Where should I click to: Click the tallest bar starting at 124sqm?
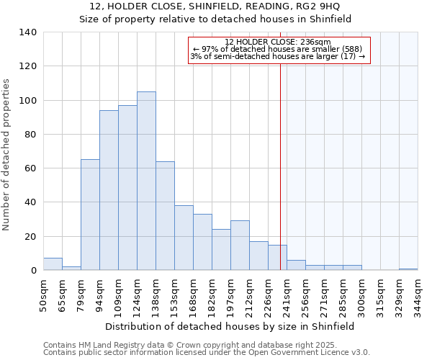[x=146, y=181]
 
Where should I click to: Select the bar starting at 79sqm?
[x=90, y=215]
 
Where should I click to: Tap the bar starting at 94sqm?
[x=109, y=190]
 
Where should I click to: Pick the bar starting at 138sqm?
[x=165, y=216]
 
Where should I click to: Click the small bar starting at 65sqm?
[x=71, y=268]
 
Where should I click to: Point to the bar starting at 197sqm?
[x=240, y=246]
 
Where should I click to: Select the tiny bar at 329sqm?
[x=408, y=269]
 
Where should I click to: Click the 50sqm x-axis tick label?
[x=43, y=294]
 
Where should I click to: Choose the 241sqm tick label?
[x=287, y=297]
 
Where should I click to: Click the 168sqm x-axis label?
[x=193, y=297]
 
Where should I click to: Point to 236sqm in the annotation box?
[x=316, y=42]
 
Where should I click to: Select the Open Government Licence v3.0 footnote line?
[x=206, y=353]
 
